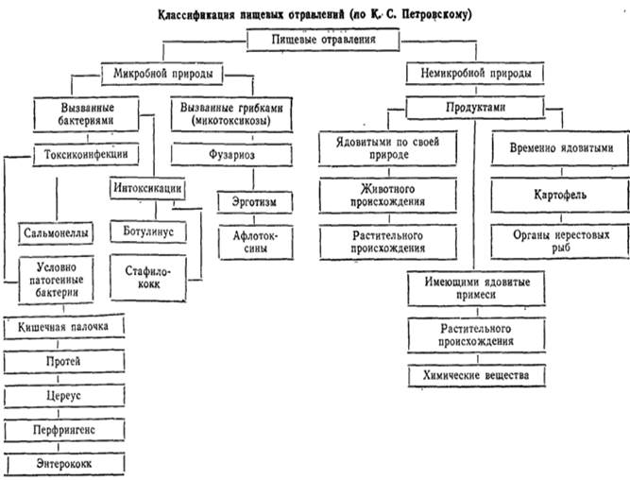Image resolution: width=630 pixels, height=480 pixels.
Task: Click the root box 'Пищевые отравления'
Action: (323, 40)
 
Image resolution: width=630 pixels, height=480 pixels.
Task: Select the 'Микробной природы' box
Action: (162, 74)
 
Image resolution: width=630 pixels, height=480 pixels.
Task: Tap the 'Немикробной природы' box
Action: (475, 73)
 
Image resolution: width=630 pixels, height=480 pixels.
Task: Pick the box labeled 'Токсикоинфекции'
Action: (86, 154)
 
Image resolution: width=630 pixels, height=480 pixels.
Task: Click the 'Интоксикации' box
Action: (147, 188)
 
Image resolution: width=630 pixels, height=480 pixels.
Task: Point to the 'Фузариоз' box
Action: (231, 155)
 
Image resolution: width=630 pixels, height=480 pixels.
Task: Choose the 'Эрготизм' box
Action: (255, 202)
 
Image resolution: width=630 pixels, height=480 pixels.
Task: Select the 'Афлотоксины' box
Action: (256, 243)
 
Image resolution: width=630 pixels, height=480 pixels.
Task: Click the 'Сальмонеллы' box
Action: (56, 233)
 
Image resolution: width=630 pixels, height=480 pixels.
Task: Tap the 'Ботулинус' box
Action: (148, 231)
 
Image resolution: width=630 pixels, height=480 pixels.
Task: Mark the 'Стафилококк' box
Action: (148, 278)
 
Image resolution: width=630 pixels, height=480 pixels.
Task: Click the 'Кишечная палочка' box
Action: (63, 327)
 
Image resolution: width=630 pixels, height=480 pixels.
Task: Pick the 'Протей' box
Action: (63, 361)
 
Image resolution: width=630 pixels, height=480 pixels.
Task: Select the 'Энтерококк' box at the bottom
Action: (64, 464)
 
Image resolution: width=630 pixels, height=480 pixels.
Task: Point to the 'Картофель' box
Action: (560, 195)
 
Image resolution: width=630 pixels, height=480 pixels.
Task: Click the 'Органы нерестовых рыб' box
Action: (560, 241)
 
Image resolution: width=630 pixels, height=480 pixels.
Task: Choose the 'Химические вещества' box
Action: (477, 375)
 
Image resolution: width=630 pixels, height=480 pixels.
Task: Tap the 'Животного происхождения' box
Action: (387, 196)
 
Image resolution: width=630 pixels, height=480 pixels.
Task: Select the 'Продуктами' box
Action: (476, 108)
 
